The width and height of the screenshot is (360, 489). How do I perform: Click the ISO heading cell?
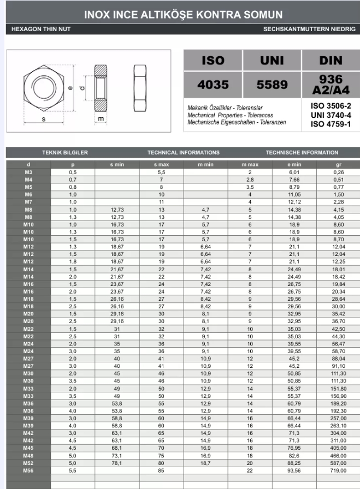coord(213,61)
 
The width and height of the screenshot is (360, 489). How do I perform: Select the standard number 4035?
coord(213,85)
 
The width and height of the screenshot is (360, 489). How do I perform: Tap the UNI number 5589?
coord(272,85)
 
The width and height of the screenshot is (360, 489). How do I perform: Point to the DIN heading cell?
coord(330,61)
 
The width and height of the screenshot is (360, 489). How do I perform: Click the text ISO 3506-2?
coord(331,105)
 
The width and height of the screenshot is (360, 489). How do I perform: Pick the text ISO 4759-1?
coord(331,124)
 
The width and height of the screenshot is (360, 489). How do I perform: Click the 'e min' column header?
coord(294,164)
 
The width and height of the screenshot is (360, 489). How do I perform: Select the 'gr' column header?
coord(338,164)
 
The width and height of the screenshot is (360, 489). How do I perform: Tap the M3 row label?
coord(28,172)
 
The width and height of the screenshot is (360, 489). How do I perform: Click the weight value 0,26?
coord(338,172)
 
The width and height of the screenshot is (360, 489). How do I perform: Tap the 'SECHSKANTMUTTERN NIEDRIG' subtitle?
coord(309,28)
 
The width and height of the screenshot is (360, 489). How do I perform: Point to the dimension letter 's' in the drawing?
coord(43,118)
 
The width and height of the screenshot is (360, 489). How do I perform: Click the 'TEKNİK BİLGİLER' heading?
coord(65,153)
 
